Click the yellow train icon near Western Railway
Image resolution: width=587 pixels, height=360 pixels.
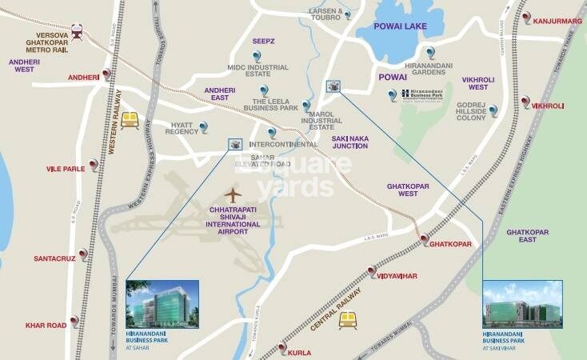click(130, 119)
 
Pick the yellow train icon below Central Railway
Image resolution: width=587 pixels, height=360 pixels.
click(346, 320)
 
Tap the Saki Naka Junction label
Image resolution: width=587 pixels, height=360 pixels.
click(350, 142)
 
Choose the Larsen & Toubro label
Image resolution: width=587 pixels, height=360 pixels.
click(325, 14)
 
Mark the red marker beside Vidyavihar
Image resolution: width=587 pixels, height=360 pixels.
click(371, 272)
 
